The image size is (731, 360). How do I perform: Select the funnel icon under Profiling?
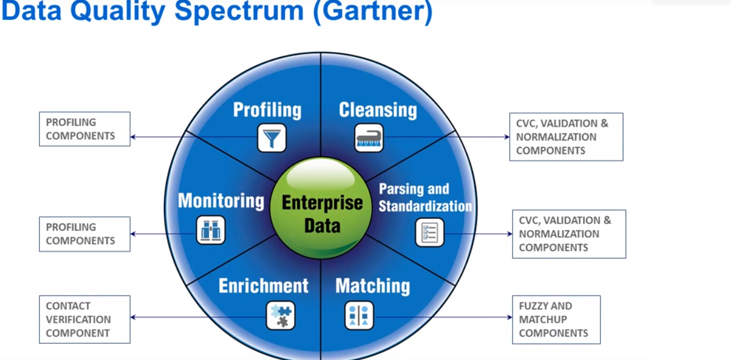pyautogui.click(x=272, y=138)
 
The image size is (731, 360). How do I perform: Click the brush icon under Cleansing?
pyautogui.click(x=369, y=138)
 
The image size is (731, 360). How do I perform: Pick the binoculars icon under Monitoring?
pyautogui.click(x=211, y=231)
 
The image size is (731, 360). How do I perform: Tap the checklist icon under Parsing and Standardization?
pyautogui.click(x=430, y=232)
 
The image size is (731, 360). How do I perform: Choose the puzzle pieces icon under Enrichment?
pyautogui.click(x=280, y=315)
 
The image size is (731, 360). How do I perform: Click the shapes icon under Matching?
pyautogui.click(x=359, y=315)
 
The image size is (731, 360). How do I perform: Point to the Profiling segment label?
pyautogui.click(x=267, y=109)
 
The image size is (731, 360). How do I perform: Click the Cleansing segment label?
pyautogui.click(x=378, y=109)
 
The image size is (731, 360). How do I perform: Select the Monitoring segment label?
pyautogui.click(x=221, y=201)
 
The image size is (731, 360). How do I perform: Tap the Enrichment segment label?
pyautogui.click(x=263, y=285)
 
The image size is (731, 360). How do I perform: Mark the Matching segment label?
pyautogui.click(x=372, y=286)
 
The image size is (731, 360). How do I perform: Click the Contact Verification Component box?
pyautogui.click(x=84, y=319)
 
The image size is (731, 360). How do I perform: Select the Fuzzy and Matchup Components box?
pyautogui.click(x=556, y=319)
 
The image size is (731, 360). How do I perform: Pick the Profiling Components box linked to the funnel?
pyautogui.click(x=84, y=129)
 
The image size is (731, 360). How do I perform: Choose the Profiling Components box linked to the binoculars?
pyautogui.click(x=84, y=234)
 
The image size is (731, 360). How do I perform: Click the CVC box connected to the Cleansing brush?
pyautogui.click(x=566, y=137)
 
